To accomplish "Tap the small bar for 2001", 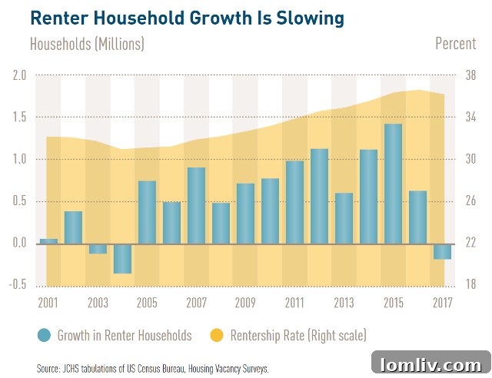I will pos(48,241).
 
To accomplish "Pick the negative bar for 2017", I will pos(442,251).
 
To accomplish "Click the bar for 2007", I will pos(196,205).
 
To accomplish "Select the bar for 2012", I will pos(319,196).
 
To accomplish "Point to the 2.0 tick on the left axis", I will pos(19,75).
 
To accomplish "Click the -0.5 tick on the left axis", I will pos(17,285).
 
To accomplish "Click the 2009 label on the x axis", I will pos(245,302).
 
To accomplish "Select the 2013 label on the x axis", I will pos(344,302).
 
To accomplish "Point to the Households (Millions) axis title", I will pos(87,44).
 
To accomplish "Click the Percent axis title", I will pos(455,43).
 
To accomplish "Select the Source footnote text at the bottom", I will pos(152,369).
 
